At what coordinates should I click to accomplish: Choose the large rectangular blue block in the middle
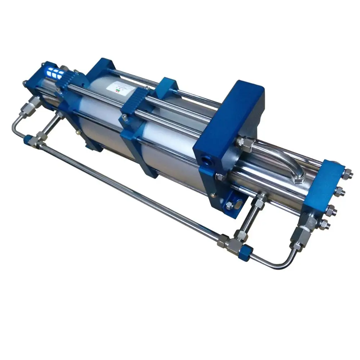tap(230, 130)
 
